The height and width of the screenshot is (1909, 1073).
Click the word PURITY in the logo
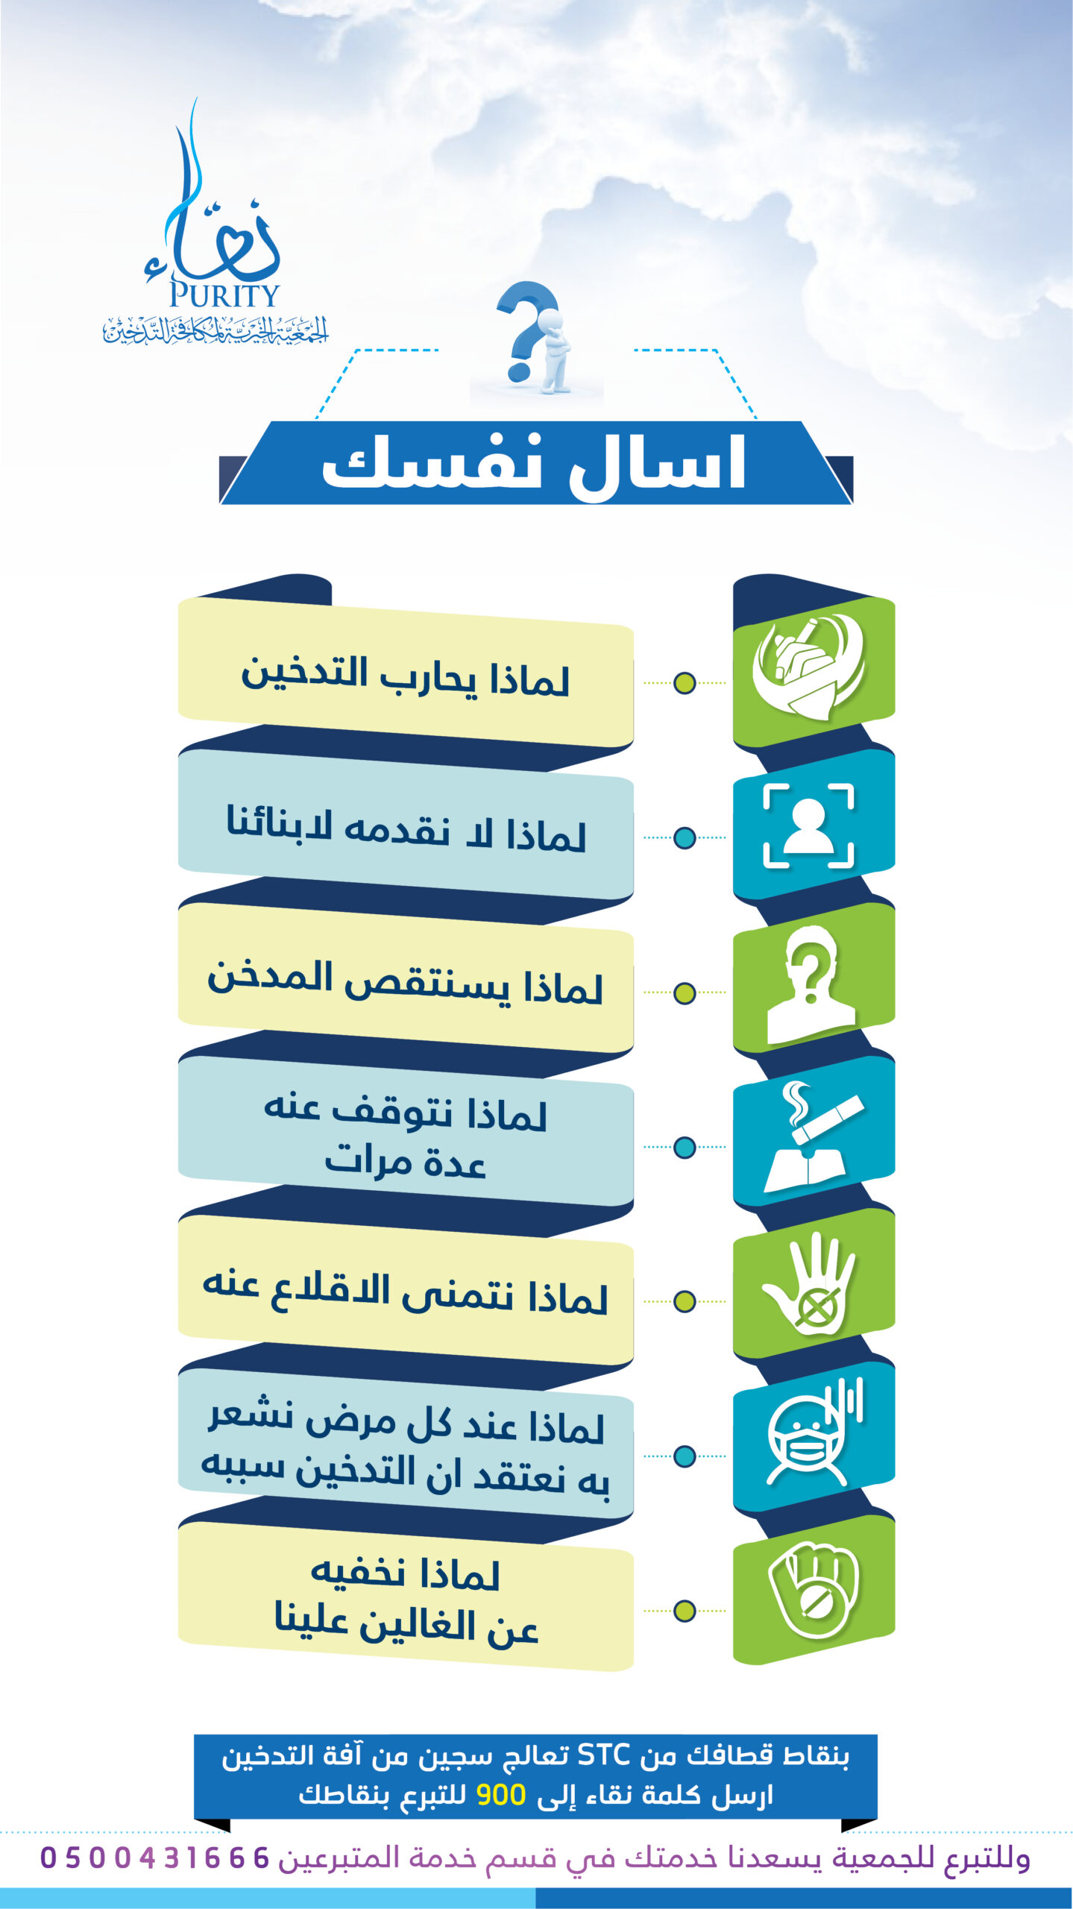(x=224, y=295)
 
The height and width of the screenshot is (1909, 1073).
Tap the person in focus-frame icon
(x=808, y=825)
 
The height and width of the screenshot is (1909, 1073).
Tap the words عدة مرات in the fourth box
(x=406, y=1162)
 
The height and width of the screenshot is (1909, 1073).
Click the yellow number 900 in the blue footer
(x=501, y=1795)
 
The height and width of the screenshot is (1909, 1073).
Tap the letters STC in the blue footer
(x=604, y=1755)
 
